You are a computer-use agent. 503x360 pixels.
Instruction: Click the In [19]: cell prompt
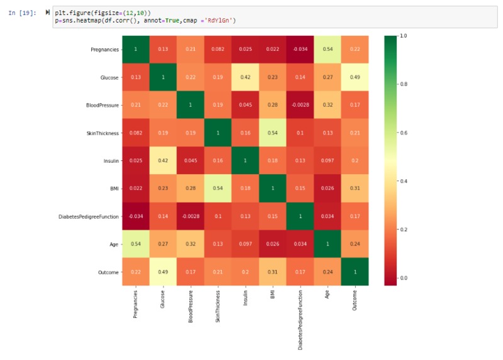[23, 13]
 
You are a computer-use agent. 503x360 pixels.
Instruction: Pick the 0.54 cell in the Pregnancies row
[328, 50]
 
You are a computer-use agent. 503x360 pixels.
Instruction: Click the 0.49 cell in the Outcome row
[163, 272]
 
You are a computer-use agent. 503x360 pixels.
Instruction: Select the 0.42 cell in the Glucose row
[245, 77]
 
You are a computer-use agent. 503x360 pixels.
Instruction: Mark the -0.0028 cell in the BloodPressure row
[301, 105]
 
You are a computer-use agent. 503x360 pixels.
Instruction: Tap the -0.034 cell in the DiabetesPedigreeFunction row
[135, 216]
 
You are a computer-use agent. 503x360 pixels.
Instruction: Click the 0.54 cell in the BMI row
[218, 188]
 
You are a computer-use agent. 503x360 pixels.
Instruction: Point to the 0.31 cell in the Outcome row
[273, 272]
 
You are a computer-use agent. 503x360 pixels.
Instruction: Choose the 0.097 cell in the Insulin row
[328, 161]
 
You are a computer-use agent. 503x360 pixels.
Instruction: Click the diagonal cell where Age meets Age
[328, 244]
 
